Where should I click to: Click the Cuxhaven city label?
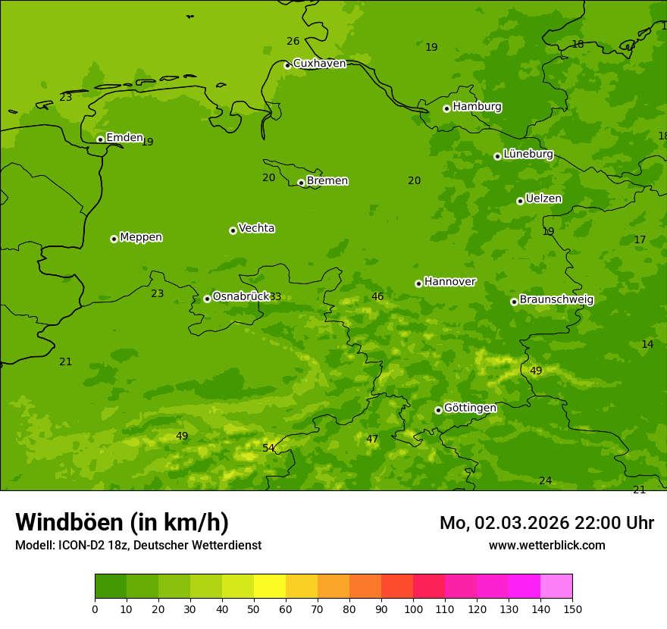[319, 64]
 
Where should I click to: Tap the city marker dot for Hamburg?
[446, 108]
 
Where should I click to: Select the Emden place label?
[124, 138]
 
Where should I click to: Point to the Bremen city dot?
[301, 183]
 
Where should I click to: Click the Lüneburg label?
[528, 154]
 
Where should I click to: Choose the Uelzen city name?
[543, 199]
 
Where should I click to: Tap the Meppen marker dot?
[114, 239]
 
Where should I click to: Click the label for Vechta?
[256, 228]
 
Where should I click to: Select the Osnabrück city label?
[241, 296]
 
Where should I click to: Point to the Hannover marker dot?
[418, 283]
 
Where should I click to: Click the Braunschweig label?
[556, 300]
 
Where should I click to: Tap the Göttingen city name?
[470, 408]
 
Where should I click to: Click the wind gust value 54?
[268, 448]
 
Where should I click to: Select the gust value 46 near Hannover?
[377, 297]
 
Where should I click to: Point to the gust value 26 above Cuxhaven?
[293, 42]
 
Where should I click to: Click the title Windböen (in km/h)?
[122, 522]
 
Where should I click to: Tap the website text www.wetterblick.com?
[546, 546]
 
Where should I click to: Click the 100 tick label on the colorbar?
[413, 609]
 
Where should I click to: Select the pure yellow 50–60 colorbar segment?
[269, 586]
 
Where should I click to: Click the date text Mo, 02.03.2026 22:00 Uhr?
[546, 523]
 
